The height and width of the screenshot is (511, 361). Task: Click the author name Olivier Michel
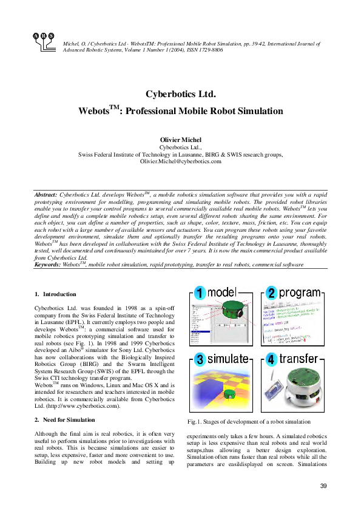(180, 140)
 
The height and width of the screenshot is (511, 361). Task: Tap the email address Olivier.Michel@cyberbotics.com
(180, 162)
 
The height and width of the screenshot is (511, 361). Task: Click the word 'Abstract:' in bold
(46, 194)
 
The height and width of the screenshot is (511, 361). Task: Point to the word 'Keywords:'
(50, 265)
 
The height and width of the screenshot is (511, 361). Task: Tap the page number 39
(323, 486)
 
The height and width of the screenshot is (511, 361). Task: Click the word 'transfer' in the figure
(300, 359)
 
